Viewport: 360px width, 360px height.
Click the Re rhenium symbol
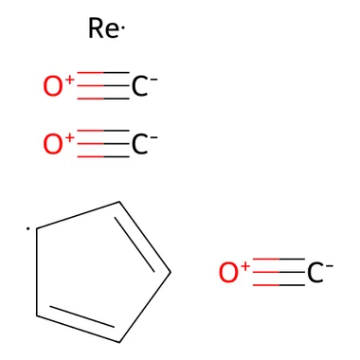coord(103,28)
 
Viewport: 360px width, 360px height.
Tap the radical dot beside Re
coord(123,29)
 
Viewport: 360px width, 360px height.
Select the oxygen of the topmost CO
coord(53,86)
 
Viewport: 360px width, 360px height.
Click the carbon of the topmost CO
coord(139,86)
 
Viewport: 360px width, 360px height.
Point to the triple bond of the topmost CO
coord(103,86)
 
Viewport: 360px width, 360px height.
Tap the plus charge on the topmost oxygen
coord(69,79)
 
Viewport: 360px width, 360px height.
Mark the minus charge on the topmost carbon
coord(153,79)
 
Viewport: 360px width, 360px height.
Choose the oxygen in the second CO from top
coord(53,144)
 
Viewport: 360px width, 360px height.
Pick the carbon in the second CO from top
coord(139,144)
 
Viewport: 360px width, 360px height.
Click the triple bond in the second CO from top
coord(103,144)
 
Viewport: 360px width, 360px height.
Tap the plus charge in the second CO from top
coord(69,137)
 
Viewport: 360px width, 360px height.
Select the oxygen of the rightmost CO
coord(228,273)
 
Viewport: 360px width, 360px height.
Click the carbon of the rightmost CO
coord(315,273)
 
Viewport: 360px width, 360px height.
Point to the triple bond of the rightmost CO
coord(279,272)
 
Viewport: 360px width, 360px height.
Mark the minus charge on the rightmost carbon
coord(330,265)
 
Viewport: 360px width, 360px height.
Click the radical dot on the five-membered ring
coord(28,228)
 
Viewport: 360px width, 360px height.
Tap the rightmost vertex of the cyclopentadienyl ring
coord(171,272)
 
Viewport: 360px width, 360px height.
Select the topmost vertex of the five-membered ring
coord(119,202)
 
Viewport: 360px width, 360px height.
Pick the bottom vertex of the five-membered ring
coord(119,342)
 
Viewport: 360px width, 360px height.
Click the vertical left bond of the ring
coord(37,272)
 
